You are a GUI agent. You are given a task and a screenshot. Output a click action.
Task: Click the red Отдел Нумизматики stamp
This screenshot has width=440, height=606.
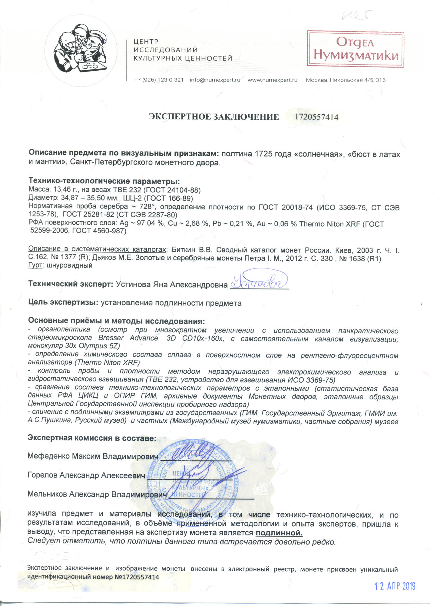point(356,48)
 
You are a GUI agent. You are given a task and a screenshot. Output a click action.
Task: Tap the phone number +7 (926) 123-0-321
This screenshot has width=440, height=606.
point(159,80)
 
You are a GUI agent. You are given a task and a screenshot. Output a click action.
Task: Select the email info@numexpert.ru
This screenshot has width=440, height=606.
point(215,80)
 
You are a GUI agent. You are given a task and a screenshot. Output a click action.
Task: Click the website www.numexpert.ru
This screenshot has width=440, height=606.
point(273,80)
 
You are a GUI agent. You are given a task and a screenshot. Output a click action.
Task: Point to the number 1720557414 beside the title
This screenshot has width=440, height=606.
point(316,117)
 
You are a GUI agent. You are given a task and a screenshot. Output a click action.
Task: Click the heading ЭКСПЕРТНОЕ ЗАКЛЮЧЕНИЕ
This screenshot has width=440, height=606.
point(214,117)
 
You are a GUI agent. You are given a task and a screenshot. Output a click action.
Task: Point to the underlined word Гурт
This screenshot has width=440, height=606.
point(35,265)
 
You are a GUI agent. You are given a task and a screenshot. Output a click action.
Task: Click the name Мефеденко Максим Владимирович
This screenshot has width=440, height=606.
point(93,456)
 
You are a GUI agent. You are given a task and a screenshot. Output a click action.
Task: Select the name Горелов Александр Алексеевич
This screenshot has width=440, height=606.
point(86,475)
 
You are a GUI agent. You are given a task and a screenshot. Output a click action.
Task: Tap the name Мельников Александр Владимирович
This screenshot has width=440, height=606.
point(97,494)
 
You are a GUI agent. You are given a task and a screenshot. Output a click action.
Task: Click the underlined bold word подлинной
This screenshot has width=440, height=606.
point(279,533)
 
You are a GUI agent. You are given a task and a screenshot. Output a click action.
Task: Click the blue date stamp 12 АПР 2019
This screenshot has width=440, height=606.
point(395,586)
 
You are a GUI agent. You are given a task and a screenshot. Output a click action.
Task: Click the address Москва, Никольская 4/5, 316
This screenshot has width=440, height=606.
point(346,80)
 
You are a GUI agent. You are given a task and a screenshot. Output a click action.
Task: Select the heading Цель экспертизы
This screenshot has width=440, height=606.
point(63,302)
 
